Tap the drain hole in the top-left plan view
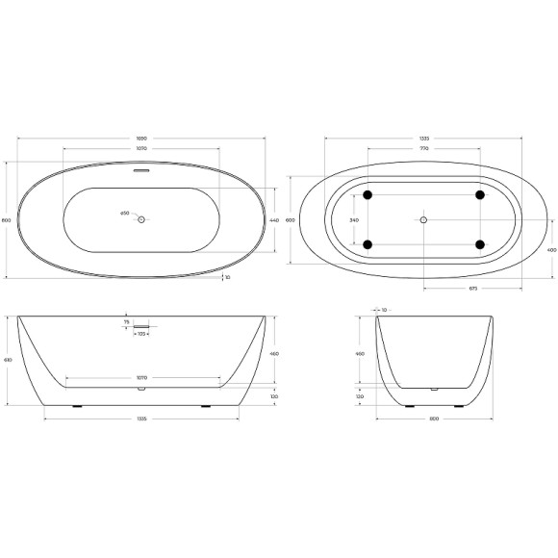coord(141,220)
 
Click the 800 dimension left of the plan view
coord(8,220)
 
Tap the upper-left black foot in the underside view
coord(367,195)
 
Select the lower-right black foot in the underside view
coord(479,244)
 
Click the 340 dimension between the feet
coord(354,220)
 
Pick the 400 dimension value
coord(551,250)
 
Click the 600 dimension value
coord(292,220)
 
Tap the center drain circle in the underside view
coord(422,220)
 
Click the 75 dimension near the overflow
coord(126,323)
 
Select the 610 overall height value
coord(8,360)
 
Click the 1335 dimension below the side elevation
coord(141,419)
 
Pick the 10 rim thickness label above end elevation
coord(383,310)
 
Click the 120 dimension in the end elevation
coord(360,395)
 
